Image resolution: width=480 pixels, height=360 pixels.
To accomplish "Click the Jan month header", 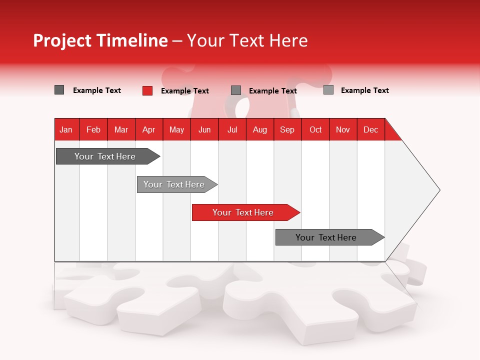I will coord(66,129).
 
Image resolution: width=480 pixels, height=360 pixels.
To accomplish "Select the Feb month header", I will coord(93,129).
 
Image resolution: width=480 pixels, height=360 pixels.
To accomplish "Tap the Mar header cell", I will coord(121,129).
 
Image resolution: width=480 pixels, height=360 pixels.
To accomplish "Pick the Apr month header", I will coord(149,129).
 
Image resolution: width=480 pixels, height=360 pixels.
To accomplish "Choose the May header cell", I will coord(176,129).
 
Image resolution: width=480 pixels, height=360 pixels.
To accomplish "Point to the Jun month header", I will coord(204,129).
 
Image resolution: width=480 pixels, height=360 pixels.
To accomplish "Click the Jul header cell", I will coord(232,129).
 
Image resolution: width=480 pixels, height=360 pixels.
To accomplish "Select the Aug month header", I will coord(260,129).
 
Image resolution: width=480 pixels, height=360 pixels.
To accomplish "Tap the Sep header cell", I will coord(287,129).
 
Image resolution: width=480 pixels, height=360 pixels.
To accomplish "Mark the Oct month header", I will coord(315,129).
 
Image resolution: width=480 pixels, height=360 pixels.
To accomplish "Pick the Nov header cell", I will coord(343,129).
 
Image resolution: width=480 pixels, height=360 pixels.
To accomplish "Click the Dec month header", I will coord(371,129).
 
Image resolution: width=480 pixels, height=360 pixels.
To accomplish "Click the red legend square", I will coord(147,90).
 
